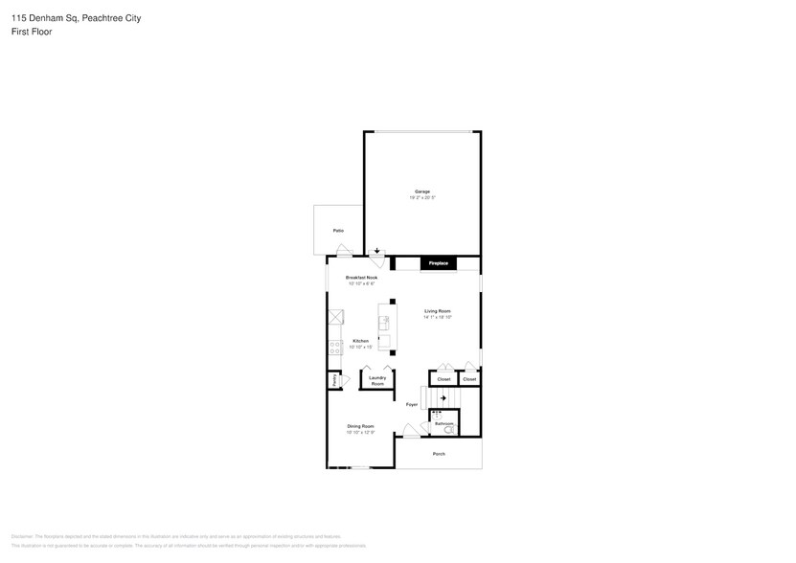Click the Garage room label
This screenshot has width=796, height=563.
[x=421, y=191]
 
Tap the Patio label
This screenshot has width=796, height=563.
[x=338, y=231]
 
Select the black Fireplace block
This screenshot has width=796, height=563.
[x=437, y=262]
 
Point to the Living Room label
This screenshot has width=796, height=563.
[x=438, y=311]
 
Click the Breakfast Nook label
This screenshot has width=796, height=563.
[x=361, y=278]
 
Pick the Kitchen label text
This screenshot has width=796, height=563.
[x=361, y=341]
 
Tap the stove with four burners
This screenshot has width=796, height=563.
[x=335, y=349]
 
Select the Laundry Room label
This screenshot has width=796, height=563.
[x=377, y=380]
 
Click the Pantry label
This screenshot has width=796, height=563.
[x=333, y=380]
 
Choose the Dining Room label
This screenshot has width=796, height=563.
[x=360, y=426]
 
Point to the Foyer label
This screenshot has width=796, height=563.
[x=411, y=404]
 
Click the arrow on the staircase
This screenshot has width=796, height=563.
[x=443, y=398]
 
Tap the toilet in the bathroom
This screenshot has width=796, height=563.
[x=450, y=430]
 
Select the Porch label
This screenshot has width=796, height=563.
[x=439, y=453]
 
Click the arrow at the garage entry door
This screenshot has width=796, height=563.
[x=377, y=251]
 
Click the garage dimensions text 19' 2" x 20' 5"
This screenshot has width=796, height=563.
[x=421, y=198]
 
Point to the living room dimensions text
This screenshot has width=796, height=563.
[x=438, y=317]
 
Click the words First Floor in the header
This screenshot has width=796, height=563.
[x=33, y=32]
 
